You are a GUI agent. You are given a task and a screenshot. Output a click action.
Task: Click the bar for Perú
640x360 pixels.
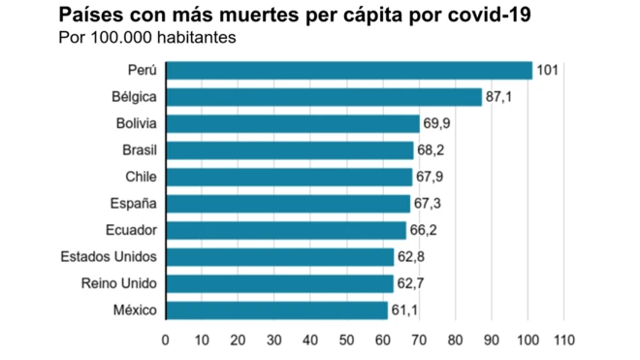point(349,70)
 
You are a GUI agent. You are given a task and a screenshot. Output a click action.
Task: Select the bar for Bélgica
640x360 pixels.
point(324,97)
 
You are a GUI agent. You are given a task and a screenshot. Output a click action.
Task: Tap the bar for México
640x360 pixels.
point(276,311)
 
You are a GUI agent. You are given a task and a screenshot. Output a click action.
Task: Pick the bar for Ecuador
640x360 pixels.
point(286,230)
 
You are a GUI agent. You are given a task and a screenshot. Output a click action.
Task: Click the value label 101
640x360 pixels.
point(548,70)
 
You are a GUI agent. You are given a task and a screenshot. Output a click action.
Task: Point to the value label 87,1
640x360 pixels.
point(500,97)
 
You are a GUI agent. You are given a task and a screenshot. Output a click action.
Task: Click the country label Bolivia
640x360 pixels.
point(136,123)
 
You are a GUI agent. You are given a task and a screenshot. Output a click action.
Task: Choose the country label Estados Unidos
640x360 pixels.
point(109,257)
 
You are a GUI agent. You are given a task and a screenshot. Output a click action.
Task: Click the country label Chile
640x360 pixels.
point(141,177)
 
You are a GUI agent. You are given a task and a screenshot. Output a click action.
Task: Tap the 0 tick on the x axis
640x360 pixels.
point(166,341)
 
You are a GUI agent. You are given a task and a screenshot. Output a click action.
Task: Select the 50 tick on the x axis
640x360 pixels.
point(346,341)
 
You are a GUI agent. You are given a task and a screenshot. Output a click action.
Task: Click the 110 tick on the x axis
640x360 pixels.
point(563,341)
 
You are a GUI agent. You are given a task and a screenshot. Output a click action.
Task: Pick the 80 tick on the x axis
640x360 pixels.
point(455,341)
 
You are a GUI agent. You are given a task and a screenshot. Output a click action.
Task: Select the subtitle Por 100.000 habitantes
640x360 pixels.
point(148,39)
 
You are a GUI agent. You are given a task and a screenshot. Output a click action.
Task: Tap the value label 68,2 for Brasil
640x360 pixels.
point(432,150)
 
